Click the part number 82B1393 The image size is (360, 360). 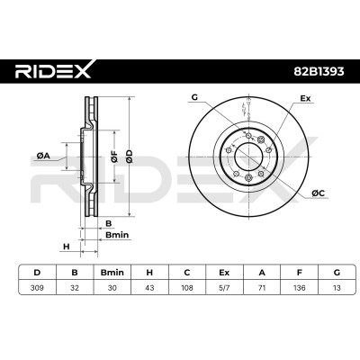coord(319,71)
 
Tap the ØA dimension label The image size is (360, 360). coord(43,156)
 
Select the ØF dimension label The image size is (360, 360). coord(114,157)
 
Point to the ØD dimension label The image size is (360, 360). coord(129,157)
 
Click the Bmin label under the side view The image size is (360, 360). coord(117,235)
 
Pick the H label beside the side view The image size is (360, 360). coord(67,247)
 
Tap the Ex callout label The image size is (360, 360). coord(305,98)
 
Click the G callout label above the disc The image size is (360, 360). coord(194,97)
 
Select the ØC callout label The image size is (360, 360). coord(319,193)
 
